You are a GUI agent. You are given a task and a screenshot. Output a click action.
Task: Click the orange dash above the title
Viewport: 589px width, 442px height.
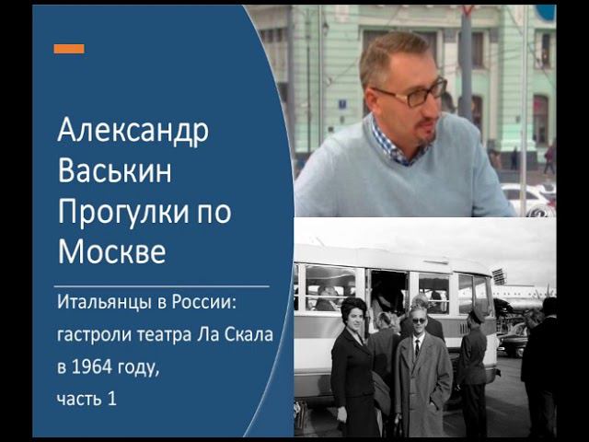(x=69, y=49)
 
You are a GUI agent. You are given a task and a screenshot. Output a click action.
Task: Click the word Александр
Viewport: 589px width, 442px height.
(x=133, y=133)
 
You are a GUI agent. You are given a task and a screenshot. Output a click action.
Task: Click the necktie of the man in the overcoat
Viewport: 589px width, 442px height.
(x=417, y=351)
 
